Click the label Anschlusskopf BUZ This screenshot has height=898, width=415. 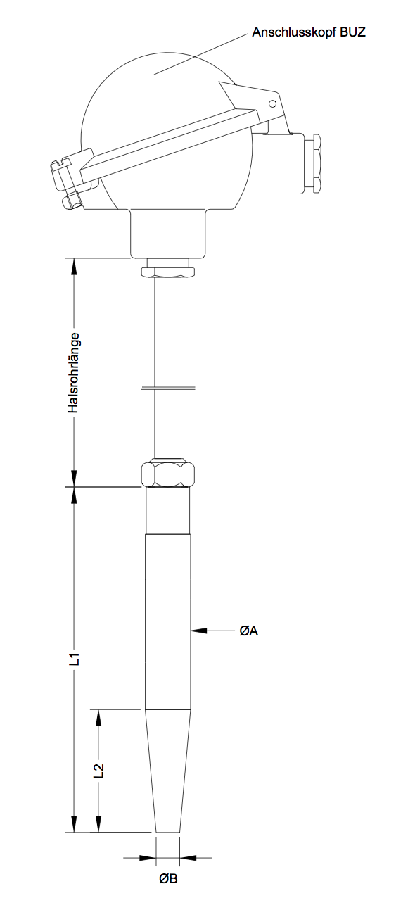[309, 32]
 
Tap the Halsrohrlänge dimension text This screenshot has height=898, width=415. [74, 373]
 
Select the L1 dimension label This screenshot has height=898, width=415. [74, 659]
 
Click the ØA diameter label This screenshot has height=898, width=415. [249, 631]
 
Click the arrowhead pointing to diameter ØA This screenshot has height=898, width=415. [198, 631]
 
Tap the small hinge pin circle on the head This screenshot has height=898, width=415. [272, 104]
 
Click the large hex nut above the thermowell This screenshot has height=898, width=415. [168, 474]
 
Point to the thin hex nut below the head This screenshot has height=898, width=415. [168, 272]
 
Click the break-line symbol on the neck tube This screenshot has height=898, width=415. [167, 388]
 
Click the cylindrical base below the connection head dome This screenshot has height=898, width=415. [168, 234]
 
